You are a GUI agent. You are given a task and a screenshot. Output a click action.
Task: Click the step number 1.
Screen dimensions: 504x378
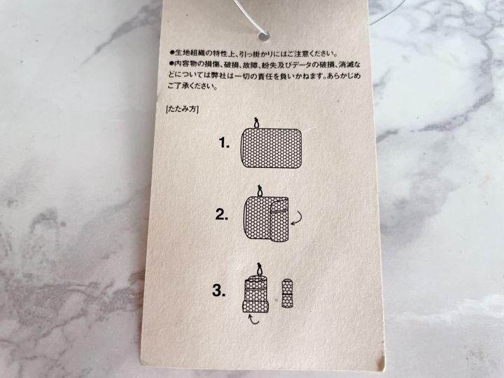[224, 143]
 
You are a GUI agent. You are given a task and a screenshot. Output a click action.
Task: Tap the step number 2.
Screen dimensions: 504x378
[222, 214]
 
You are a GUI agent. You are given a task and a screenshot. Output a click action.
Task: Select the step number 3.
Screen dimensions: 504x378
[219, 290]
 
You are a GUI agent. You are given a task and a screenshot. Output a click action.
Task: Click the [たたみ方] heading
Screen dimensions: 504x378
[182, 109]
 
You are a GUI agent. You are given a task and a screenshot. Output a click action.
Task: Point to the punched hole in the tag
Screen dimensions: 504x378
[263, 36]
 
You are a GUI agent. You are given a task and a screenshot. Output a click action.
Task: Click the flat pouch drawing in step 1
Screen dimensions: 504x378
[271, 148]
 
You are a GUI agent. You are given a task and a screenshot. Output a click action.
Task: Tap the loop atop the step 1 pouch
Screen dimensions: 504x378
[256, 123]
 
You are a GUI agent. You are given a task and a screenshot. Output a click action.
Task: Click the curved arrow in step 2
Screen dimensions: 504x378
[296, 218]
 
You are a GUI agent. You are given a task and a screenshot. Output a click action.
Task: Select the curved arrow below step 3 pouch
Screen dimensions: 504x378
[254, 319]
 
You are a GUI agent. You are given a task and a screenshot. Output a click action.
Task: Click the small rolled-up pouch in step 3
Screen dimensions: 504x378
[287, 294]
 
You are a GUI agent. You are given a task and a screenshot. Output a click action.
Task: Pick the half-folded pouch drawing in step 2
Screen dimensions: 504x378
[266, 218]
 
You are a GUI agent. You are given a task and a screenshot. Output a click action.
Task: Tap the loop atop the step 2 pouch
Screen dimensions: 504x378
[260, 191]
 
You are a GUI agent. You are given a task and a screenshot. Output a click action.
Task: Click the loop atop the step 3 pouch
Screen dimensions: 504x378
[259, 269]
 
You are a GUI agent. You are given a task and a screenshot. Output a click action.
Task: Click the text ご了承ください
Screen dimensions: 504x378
[192, 86]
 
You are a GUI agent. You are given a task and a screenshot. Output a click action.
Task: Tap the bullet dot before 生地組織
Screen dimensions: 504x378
[172, 52]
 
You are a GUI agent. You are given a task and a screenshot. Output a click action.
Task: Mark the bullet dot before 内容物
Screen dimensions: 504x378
[172, 64]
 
